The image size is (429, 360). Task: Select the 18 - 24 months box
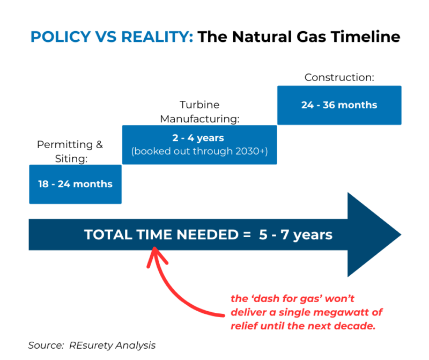[75, 184]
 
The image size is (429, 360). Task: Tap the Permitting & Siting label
[70, 152]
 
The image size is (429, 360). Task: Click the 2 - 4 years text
[199, 138]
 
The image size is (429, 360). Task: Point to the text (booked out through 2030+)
[199, 151]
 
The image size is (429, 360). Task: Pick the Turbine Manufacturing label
[199, 111]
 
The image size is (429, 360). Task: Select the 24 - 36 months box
[339, 105]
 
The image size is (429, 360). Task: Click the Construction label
[339, 77]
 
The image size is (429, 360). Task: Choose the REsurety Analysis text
[112, 346]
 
